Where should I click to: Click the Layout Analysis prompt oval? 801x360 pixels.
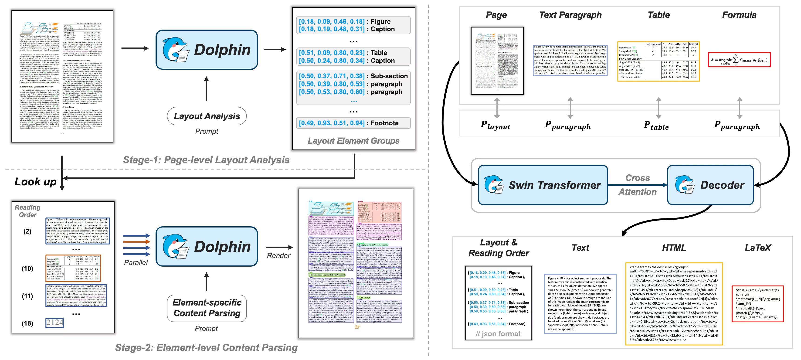(x=207, y=116)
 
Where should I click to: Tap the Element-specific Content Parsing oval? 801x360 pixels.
(x=207, y=308)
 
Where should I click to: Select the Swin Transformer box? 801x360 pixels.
(x=543, y=185)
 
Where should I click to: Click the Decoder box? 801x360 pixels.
(x=710, y=185)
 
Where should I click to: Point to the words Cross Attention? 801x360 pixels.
(x=638, y=185)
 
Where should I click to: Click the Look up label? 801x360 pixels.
(x=35, y=182)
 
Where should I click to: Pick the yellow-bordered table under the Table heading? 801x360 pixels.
(x=658, y=61)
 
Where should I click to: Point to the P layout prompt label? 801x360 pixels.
(x=495, y=125)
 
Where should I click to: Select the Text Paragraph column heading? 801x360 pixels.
(x=570, y=15)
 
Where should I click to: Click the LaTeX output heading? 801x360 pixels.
(x=757, y=248)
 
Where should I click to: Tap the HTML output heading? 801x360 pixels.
(x=674, y=248)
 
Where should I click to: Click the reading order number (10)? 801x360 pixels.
(x=27, y=268)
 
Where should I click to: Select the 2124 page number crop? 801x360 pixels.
(x=55, y=323)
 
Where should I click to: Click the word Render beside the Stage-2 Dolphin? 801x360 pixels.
(x=278, y=255)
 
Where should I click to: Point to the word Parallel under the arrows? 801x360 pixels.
(x=136, y=263)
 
